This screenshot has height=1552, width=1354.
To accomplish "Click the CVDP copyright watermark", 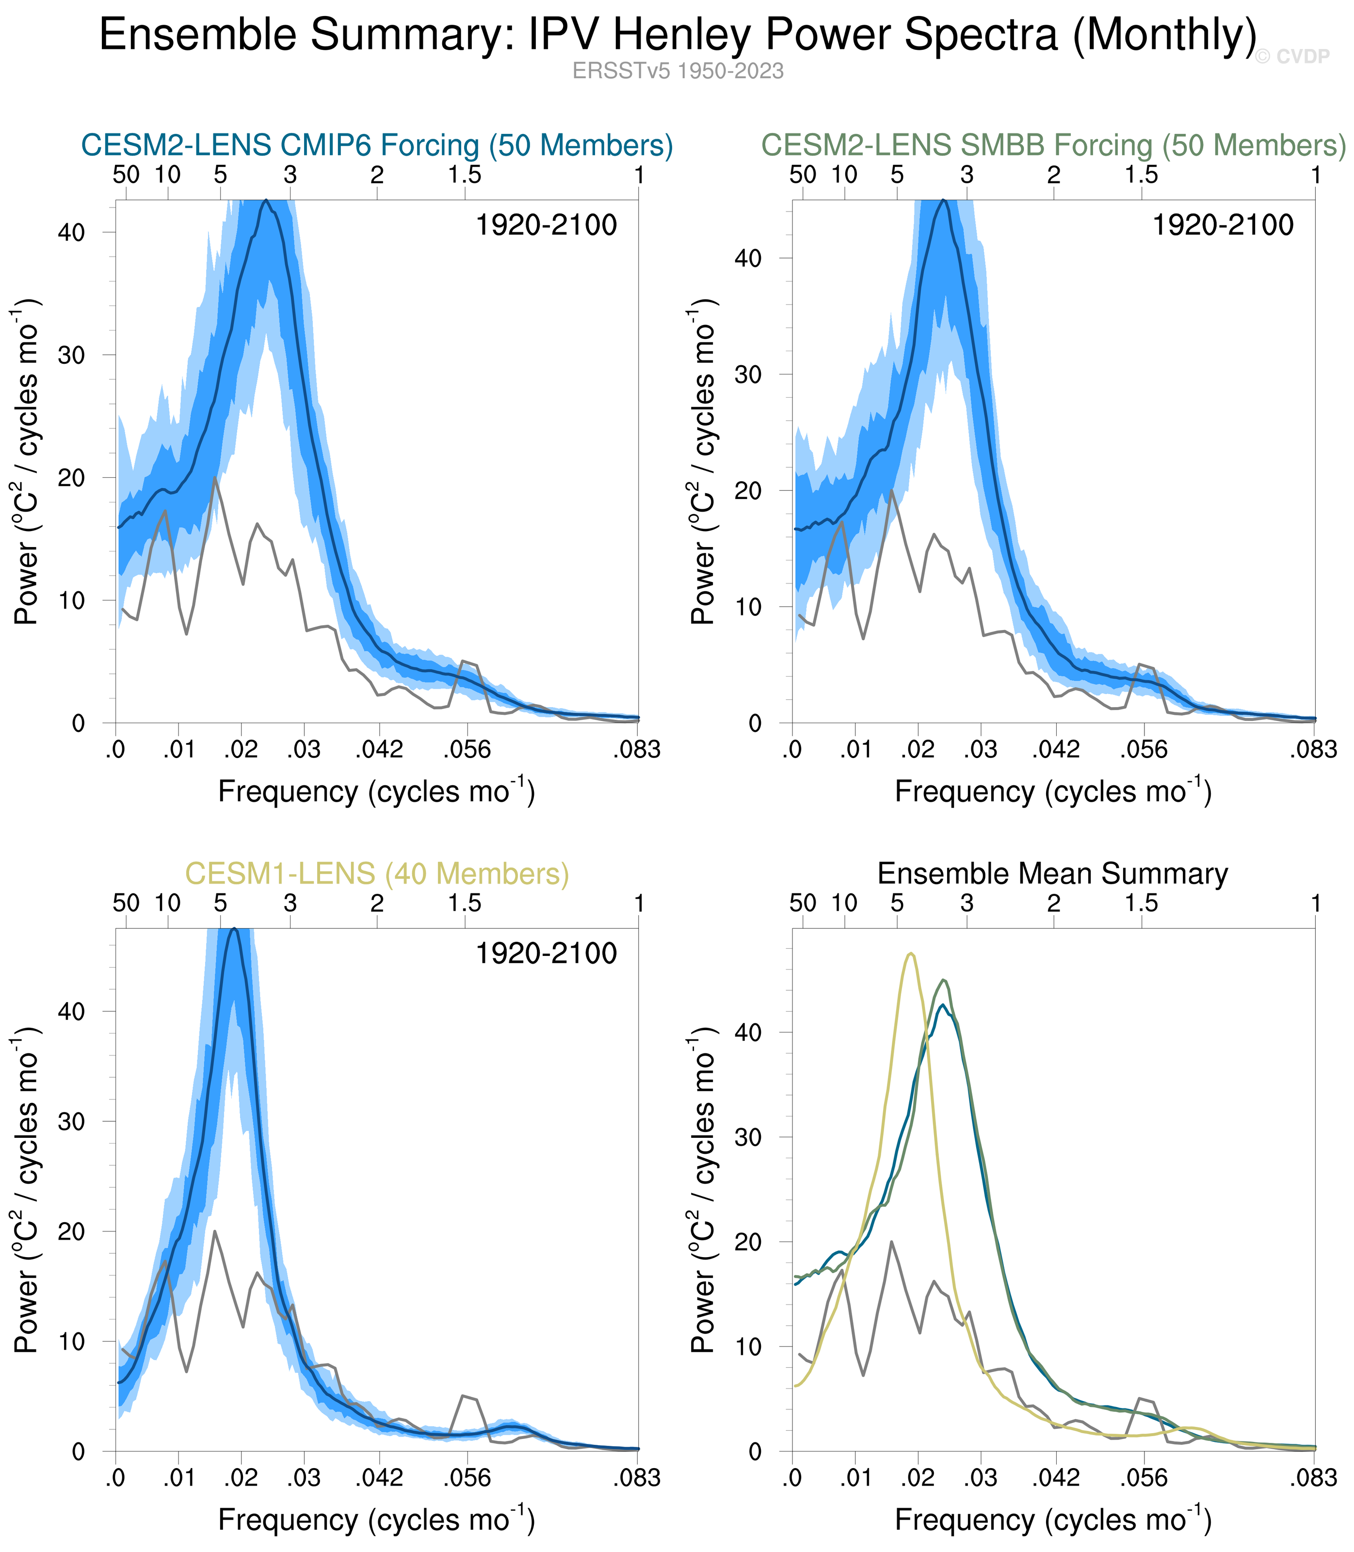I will (1292, 57).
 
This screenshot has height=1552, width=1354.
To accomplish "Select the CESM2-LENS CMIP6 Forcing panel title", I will (377, 145).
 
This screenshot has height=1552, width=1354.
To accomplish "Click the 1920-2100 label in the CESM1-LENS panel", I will (546, 954).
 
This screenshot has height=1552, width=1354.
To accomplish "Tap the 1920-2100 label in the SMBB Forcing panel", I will (1223, 225).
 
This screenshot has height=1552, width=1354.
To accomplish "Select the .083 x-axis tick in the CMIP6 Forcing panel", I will (636, 750).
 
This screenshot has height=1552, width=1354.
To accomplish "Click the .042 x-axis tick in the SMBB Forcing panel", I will (1056, 750).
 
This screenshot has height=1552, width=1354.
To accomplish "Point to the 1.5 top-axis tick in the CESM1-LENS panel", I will (464, 903).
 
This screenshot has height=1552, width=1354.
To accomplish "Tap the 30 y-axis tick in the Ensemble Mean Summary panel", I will (748, 1137).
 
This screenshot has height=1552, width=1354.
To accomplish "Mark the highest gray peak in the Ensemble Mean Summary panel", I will (891, 1242).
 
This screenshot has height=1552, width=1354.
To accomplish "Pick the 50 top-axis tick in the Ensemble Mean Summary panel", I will (803, 903).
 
